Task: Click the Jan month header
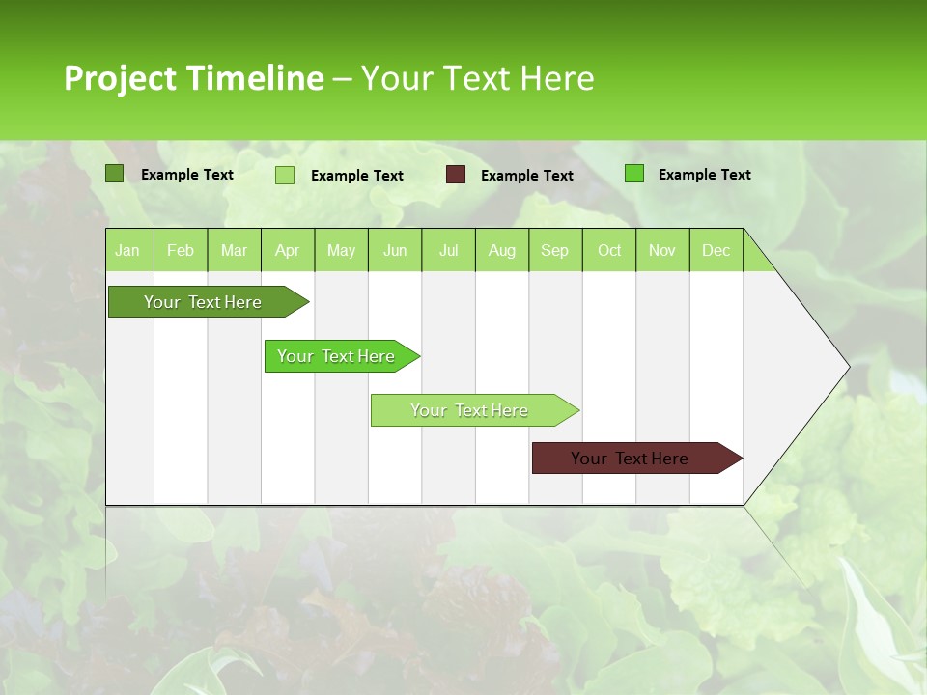point(127,250)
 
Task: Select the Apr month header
point(287,250)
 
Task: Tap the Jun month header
point(395,250)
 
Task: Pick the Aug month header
point(501,250)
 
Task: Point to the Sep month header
point(554,250)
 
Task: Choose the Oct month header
point(609,250)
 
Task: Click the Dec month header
point(716,250)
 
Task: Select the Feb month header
point(181,250)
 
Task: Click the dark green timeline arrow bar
point(203,302)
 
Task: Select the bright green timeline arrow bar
point(336,356)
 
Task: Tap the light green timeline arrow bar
point(469,410)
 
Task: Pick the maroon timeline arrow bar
point(630,459)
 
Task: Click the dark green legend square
point(115,174)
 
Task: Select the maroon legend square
point(456,175)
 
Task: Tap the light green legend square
point(285,175)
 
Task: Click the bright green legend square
point(634,174)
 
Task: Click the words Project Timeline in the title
point(193,78)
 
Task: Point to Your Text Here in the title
point(477,78)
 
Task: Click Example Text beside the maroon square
point(526,175)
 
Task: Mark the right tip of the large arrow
point(848,366)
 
